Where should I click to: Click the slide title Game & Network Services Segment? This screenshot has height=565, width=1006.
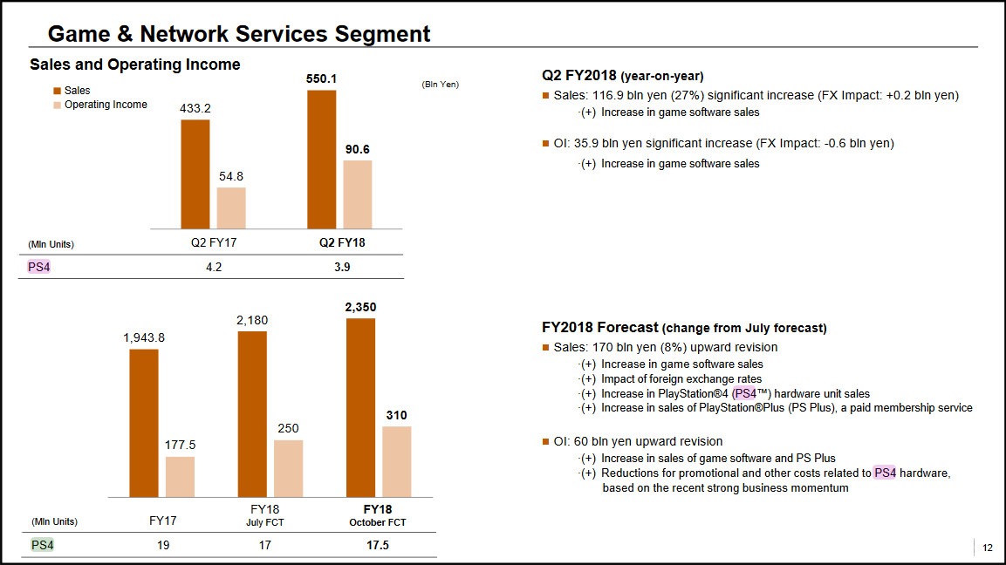tap(238, 34)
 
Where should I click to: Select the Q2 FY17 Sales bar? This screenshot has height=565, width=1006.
tap(195, 174)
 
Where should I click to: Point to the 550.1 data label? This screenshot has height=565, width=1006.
tap(322, 78)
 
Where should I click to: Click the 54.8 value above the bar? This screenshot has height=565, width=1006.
tap(231, 176)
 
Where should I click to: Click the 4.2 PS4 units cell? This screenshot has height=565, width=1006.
tap(213, 268)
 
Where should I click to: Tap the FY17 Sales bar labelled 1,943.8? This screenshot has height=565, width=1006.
tap(144, 422)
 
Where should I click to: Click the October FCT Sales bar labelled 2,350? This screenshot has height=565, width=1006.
tap(360, 407)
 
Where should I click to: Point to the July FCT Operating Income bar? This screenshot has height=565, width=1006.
tap(288, 468)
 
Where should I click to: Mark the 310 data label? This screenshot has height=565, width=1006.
tap(397, 415)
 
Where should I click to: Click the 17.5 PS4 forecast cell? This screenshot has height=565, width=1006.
tap(378, 545)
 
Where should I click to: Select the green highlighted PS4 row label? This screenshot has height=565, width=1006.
tap(41, 545)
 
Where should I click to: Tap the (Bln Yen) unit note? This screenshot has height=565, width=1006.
tap(440, 85)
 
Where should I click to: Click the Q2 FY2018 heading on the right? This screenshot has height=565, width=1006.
tap(622, 75)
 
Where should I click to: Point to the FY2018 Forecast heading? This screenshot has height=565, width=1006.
tap(684, 328)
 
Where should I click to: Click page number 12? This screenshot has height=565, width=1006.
tap(988, 548)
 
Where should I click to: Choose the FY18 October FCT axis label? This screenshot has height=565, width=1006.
tap(378, 514)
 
